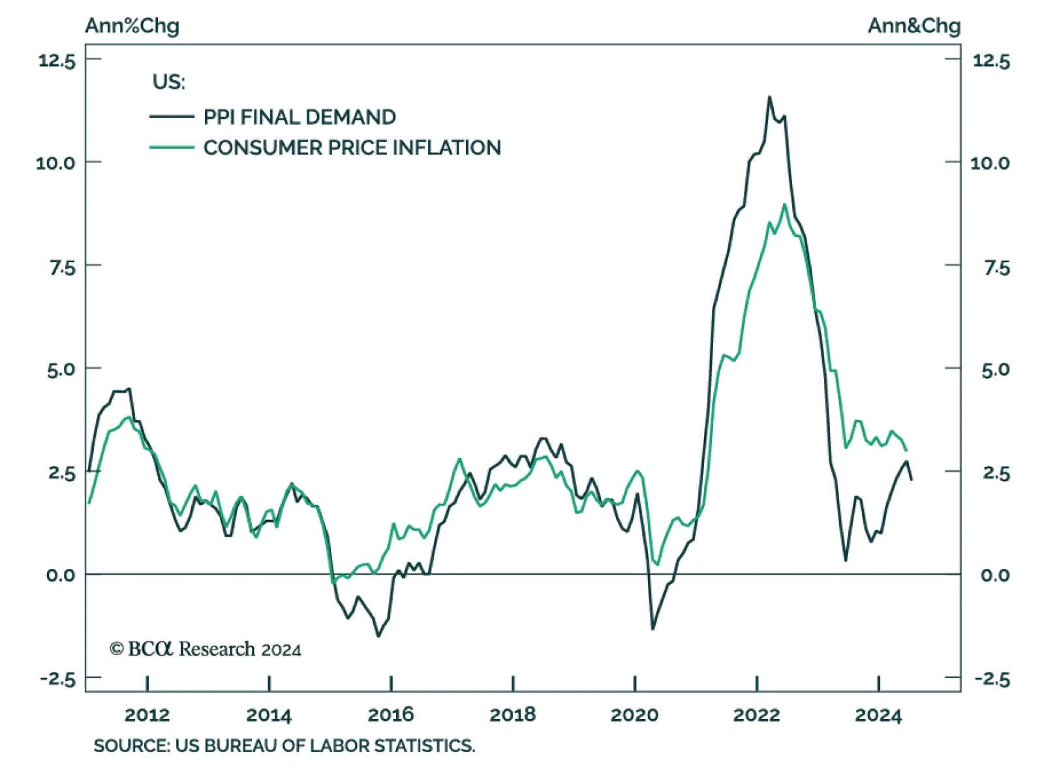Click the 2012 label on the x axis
147,715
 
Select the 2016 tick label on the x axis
390,715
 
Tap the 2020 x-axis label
634,715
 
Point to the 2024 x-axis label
878,715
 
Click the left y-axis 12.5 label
57,61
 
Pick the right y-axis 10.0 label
990,163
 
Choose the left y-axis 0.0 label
61,575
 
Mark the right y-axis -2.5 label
992,680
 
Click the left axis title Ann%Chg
132,26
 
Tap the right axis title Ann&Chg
913,26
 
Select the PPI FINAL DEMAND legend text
299,117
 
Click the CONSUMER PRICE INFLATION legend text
352,147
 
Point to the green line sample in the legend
172,147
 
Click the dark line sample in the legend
172,117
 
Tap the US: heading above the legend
168,82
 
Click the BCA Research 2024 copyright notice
205,649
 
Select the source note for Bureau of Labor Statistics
284,746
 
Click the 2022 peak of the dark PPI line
769,97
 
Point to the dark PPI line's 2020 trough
652,629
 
